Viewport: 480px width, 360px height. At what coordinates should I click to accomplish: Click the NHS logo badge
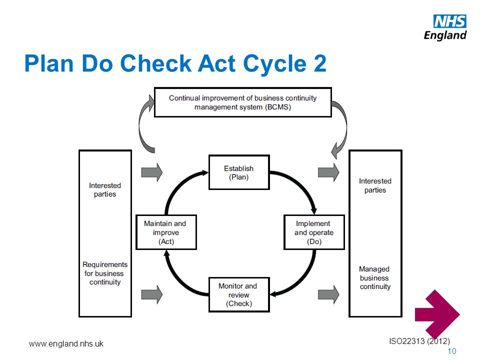(449, 21)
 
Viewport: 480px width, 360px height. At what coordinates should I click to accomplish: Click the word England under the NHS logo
(445, 35)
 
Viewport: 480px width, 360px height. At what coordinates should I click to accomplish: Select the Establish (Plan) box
(239, 172)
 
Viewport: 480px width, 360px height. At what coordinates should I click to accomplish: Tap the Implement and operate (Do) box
(314, 232)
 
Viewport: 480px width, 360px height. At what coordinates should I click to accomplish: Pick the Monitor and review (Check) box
(239, 294)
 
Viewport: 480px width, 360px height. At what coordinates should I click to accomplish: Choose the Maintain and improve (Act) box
(166, 232)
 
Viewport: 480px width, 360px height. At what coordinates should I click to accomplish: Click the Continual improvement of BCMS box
(243, 102)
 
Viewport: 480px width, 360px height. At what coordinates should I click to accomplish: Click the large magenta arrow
(437, 314)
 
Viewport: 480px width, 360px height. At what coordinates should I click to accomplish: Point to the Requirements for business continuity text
(105, 273)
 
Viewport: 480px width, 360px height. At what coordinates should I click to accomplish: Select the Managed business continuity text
(375, 277)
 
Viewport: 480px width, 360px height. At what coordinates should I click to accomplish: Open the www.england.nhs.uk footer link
(66, 344)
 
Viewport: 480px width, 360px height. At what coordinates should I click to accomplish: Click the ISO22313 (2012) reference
(419, 341)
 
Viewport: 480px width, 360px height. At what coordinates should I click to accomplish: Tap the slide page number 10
(452, 351)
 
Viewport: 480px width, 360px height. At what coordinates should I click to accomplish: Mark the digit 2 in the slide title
(320, 63)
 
